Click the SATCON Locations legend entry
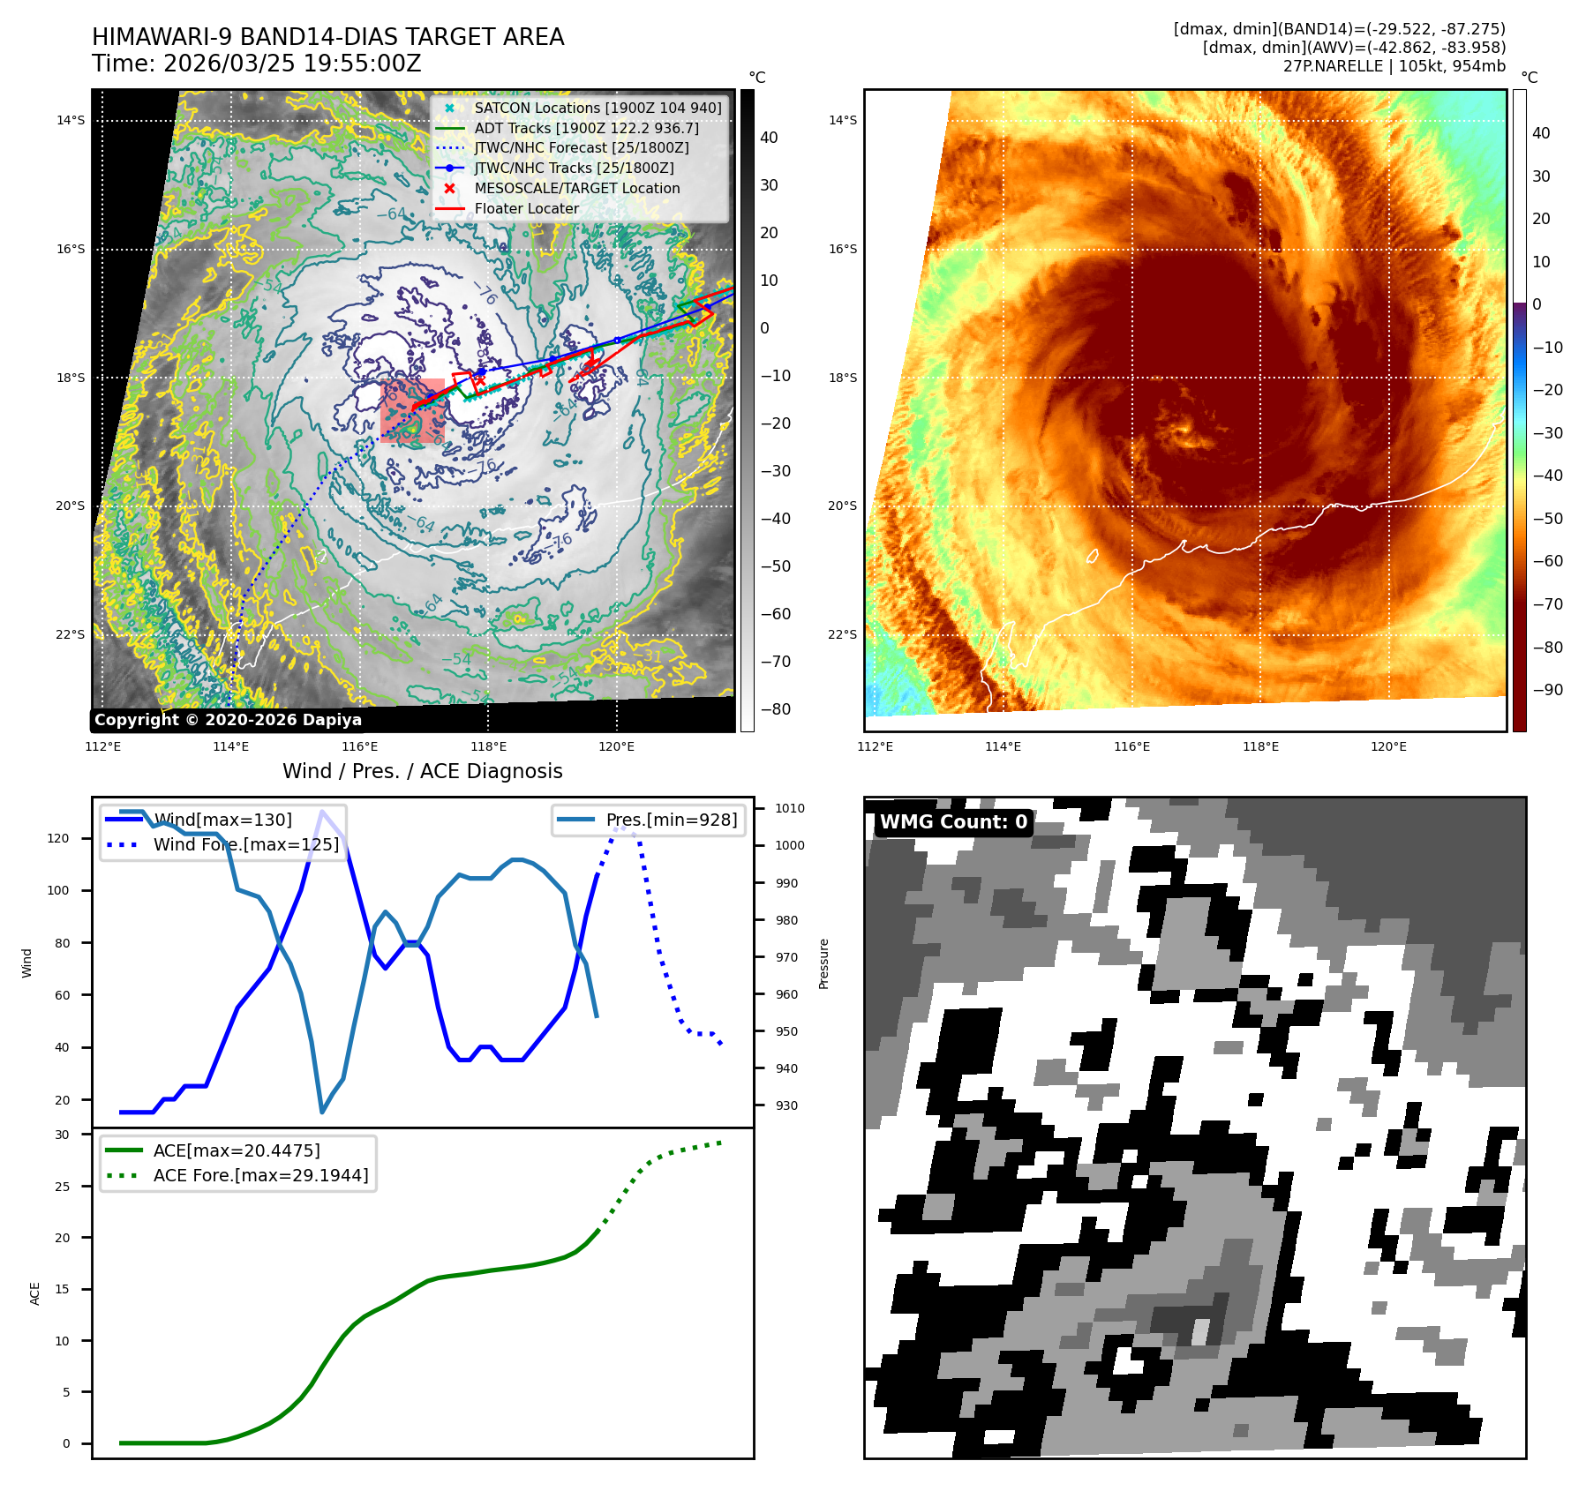[x=598, y=108]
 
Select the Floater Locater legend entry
[x=526, y=208]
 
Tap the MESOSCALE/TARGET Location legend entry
[x=576, y=188]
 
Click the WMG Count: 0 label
[x=953, y=821]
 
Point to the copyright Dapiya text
[x=228, y=720]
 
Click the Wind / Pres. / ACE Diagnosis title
[x=422, y=771]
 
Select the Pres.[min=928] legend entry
[x=671, y=820]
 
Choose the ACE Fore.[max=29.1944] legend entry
[x=260, y=1175]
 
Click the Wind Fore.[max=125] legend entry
[x=245, y=844]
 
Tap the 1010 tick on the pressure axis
[x=789, y=808]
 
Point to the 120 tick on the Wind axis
[x=57, y=838]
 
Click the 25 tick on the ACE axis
[x=62, y=1187]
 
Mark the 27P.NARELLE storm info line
[x=1394, y=66]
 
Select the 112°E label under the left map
[x=103, y=746]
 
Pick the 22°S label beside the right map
[x=842, y=634]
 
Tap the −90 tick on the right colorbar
[x=1547, y=690]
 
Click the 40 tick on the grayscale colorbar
[x=769, y=138]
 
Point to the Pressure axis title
[x=823, y=963]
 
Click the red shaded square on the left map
[x=412, y=411]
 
